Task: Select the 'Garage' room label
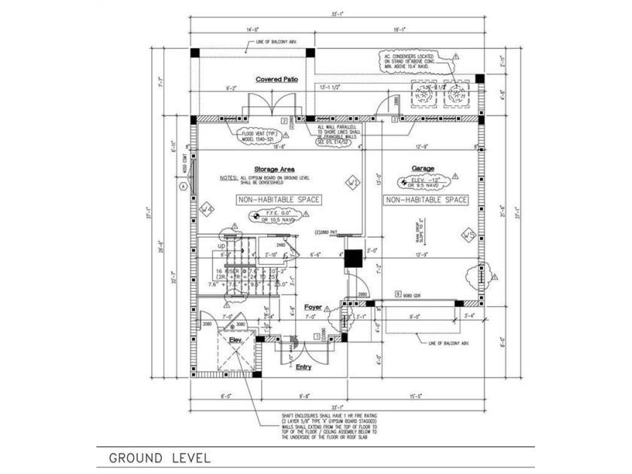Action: [x=423, y=169]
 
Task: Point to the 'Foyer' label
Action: [x=314, y=308]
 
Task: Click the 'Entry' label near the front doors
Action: [x=303, y=366]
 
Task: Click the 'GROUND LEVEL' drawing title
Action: [x=159, y=457]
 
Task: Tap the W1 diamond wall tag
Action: [x=351, y=183]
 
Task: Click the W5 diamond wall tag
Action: [x=467, y=235]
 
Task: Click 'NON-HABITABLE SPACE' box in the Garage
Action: [x=426, y=200]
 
